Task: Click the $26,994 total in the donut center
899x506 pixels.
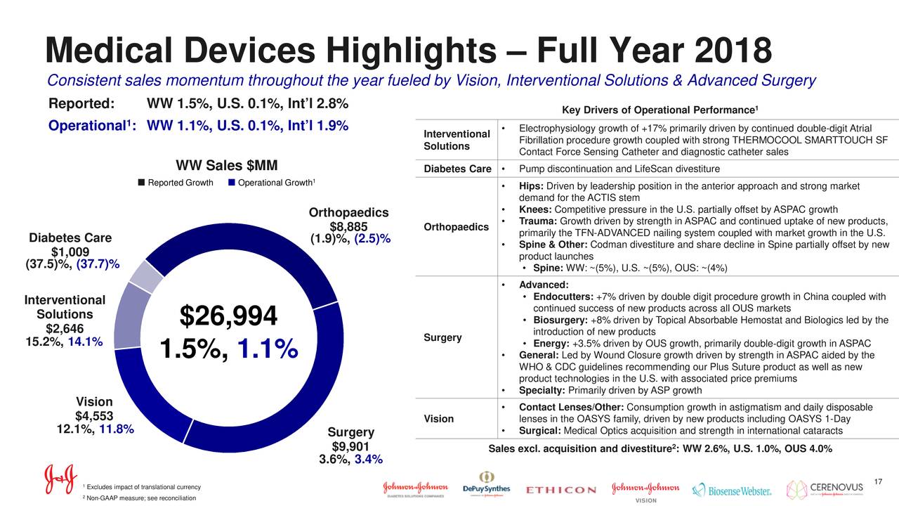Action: tap(228, 316)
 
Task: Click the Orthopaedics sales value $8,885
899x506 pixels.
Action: tap(348, 227)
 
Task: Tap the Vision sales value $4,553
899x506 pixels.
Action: tap(94, 416)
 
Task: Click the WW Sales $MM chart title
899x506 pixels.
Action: tap(227, 166)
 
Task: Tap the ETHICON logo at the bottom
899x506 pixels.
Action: tap(560, 490)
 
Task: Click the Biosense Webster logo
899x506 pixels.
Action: tap(732, 490)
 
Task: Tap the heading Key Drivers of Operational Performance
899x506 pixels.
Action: tap(660, 110)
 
